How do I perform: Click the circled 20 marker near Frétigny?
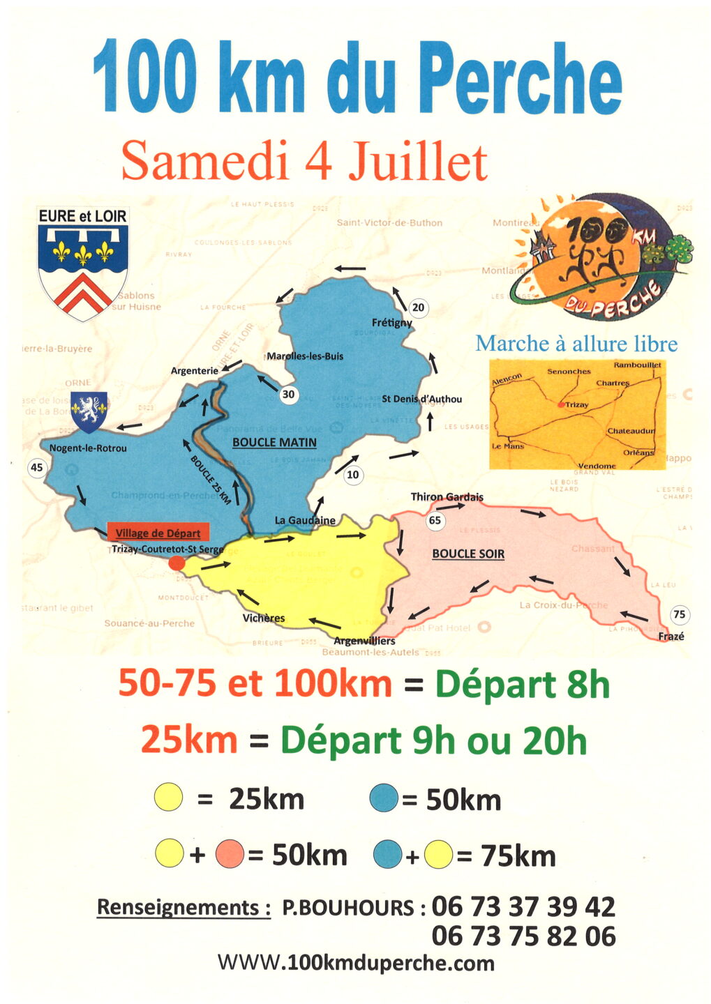(418, 307)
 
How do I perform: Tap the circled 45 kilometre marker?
(36, 468)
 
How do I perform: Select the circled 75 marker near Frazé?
(678, 614)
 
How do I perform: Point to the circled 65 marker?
(435, 520)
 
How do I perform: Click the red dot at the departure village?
(177, 563)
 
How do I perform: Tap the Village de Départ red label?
(158, 533)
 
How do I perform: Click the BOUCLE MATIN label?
(274, 443)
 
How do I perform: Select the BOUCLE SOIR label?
(468, 554)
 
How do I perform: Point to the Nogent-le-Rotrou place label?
(88, 448)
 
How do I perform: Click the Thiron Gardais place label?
(447, 497)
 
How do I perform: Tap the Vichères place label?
(264, 618)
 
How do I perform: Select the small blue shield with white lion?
(89, 411)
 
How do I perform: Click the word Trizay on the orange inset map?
(577, 405)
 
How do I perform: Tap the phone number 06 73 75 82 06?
(523, 936)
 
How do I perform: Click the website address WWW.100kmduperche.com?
(356, 964)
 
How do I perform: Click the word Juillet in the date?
(417, 162)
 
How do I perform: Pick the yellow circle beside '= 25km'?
(169, 798)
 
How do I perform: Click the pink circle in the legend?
(230, 854)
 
